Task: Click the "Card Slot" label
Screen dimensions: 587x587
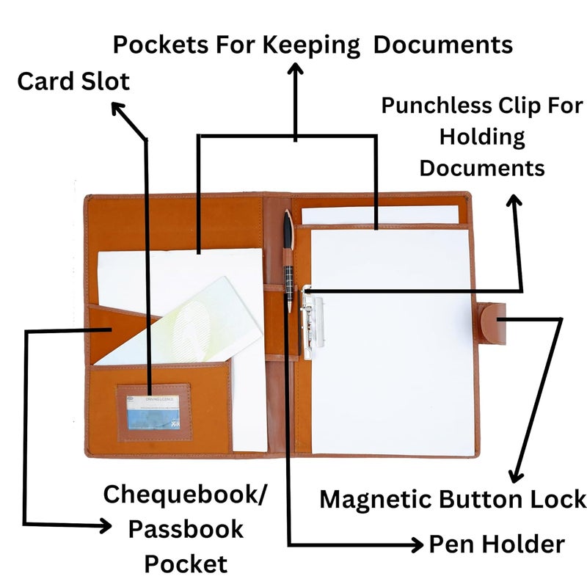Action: [73, 81]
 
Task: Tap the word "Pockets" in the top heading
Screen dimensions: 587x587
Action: [161, 45]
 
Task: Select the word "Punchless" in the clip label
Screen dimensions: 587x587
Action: [437, 105]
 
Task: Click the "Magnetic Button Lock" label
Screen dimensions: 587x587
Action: [453, 499]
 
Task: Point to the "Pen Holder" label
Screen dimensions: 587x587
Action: [497, 544]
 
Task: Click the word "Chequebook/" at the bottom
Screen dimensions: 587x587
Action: [185, 495]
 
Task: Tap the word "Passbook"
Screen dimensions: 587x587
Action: [186, 529]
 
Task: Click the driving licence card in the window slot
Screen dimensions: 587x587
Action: [153, 412]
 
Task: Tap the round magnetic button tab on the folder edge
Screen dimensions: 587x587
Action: [493, 324]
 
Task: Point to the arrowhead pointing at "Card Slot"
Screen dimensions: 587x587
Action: [118, 109]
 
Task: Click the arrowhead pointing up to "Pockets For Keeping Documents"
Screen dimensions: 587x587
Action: [296, 69]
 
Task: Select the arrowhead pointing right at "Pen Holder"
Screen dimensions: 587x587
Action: [417, 544]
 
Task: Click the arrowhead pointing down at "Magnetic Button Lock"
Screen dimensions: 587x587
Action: [516, 475]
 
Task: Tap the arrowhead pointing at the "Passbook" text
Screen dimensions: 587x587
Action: [104, 526]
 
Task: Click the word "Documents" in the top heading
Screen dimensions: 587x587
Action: [443, 45]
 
